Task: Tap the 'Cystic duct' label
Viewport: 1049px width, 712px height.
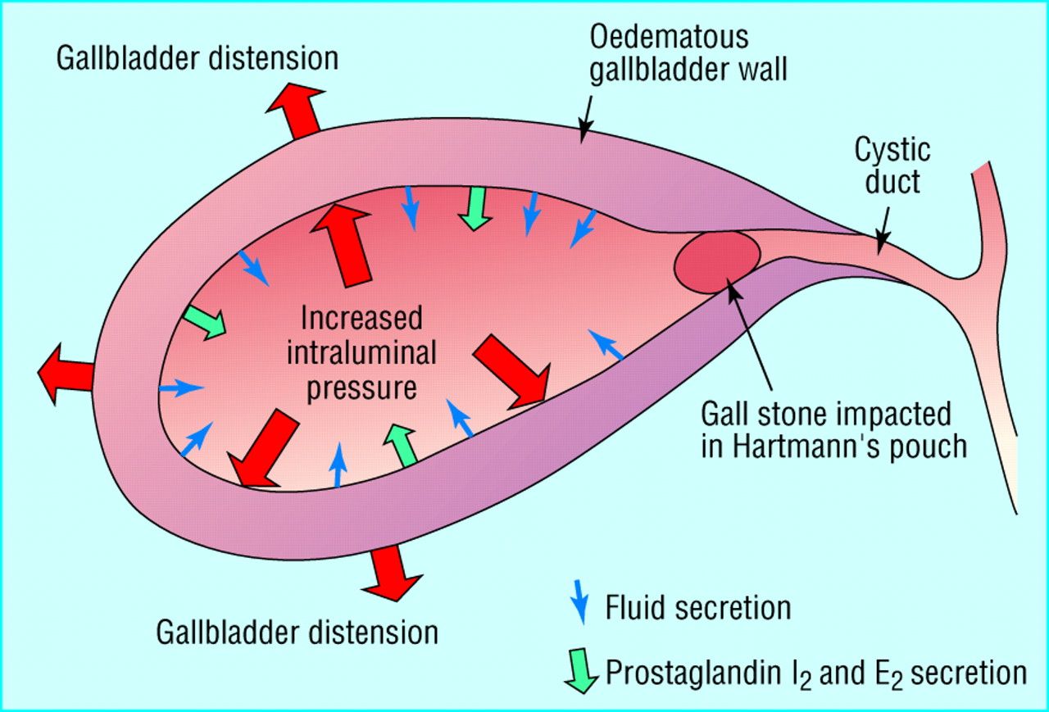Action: tap(892, 166)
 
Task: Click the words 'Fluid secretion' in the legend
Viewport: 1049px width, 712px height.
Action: tap(698, 607)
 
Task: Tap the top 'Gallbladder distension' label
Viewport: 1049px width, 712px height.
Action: tap(197, 59)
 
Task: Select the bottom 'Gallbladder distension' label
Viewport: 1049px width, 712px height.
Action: tap(297, 633)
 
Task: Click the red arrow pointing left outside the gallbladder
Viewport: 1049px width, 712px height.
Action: tap(66, 374)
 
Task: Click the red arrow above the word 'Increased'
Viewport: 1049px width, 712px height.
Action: tap(343, 244)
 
